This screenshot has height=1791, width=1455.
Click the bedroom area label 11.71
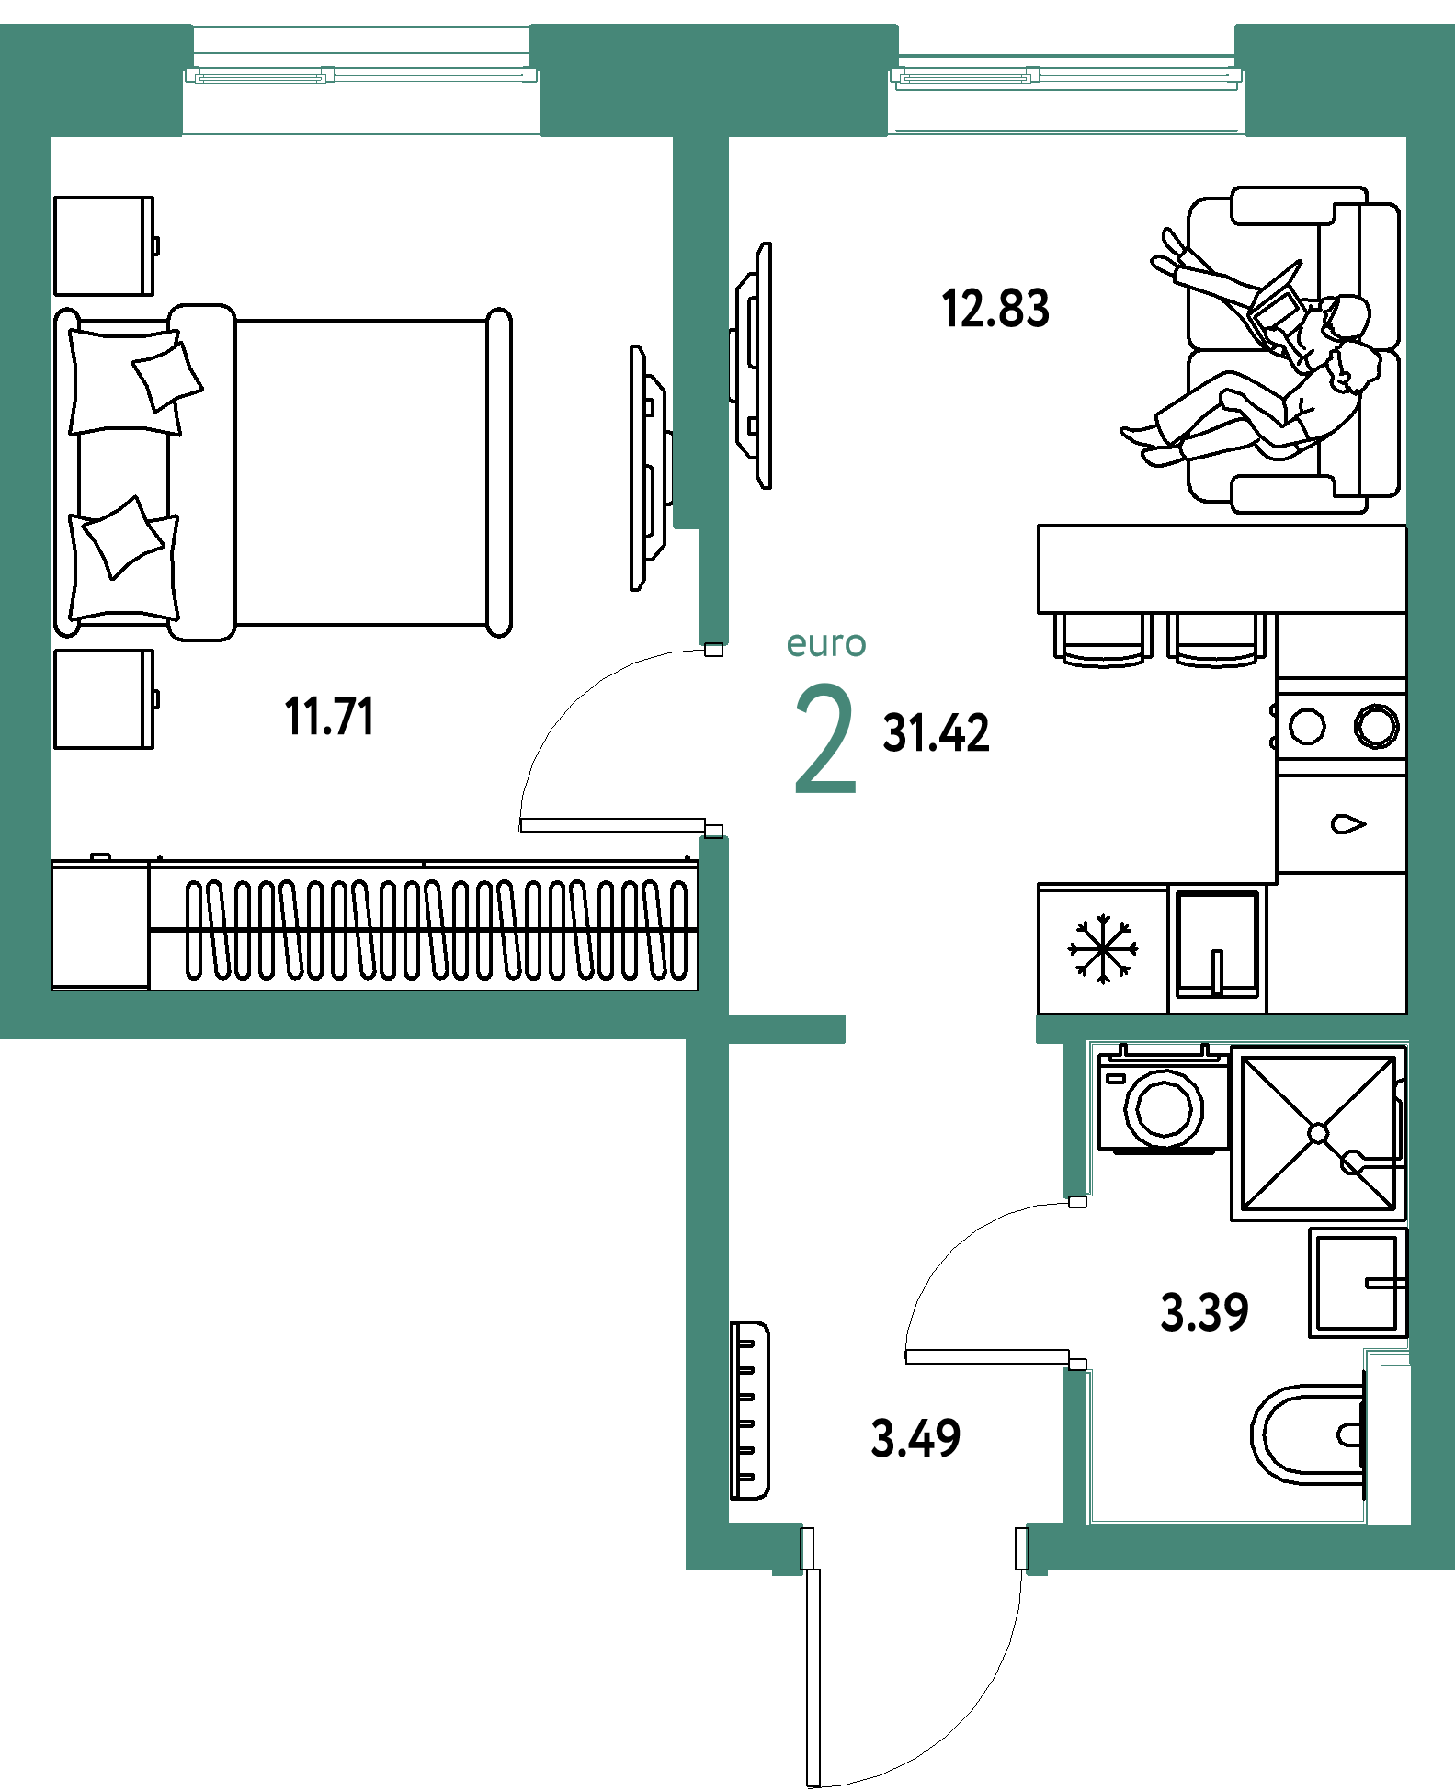pyautogui.click(x=329, y=717)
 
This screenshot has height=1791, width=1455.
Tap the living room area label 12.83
pyautogui.click(x=995, y=309)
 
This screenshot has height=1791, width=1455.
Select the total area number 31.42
pyautogui.click(x=936, y=733)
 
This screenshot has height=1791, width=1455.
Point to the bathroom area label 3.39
pyautogui.click(x=1204, y=1312)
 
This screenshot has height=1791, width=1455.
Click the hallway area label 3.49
pyautogui.click(x=915, y=1438)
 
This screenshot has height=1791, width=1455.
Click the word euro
pyautogui.click(x=825, y=644)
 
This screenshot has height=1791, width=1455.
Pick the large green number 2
pyautogui.click(x=825, y=738)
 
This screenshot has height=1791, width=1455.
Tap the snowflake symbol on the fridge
pyautogui.click(x=1103, y=948)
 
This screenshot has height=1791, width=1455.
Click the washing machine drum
pyautogui.click(x=1164, y=1108)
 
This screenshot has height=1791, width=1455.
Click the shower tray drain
pyautogui.click(x=1318, y=1133)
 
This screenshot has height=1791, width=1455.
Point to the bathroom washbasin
pyautogui.click(x=1358, y=1283)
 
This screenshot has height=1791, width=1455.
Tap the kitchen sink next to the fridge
pyautogui.click(x=1217, y=946)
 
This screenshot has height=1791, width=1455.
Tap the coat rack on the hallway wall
pyautogui.click(x=749, y=1411)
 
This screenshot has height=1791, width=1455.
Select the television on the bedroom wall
pyautogui.click(x=650, y=468)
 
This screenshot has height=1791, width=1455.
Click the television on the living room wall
pyautogui.click(x=752, y=365)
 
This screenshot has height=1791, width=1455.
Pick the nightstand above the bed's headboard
pyautogui.click(x=105, y=245)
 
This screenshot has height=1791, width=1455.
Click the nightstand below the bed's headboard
pyautogui.click(x=105, y=699)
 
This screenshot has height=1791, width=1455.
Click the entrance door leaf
pyautogui.click(x=813, y=1678)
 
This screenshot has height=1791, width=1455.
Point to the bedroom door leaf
pyautogui.click(x=612, y=825)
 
